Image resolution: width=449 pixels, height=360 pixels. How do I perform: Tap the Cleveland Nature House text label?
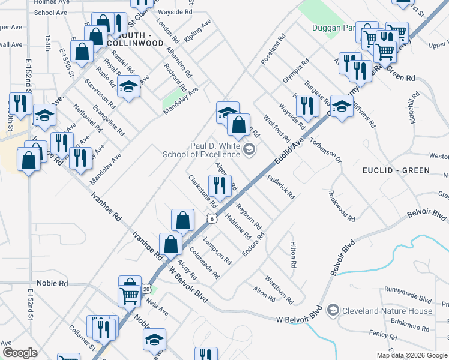[x=387, y=311]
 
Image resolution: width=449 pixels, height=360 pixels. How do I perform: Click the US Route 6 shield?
[x=212, y=220]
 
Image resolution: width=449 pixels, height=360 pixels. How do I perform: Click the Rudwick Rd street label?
[x=281, y=187]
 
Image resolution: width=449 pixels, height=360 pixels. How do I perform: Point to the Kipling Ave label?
[x=198, y=30]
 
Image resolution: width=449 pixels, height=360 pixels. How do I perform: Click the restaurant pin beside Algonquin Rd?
[x=218, y=185]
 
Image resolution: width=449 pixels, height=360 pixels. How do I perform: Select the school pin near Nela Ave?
[x=154, y=339]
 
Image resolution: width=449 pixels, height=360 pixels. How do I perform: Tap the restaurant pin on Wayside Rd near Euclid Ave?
[x=307, y=106]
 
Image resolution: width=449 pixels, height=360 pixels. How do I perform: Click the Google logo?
[x=20, y=352]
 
